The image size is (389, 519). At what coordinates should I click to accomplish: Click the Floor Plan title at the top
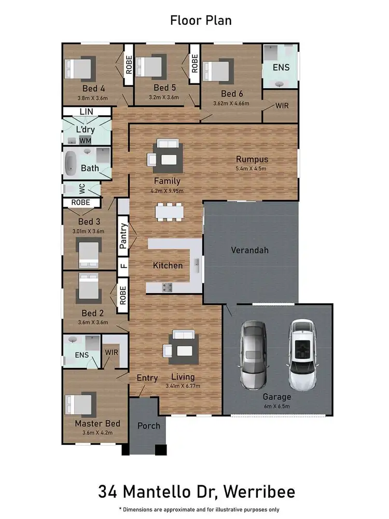pyautogui.click(x=201, y=21)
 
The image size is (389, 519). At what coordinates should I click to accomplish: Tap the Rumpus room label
pyautogui.click(x=252, y=159)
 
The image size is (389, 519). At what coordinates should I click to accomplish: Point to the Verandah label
pyautogui.click(x=249, y=250)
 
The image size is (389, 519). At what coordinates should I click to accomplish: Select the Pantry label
pyautogui.click(x=123, y=237)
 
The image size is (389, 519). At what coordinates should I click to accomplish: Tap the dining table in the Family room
pyautogui.click(x=169, y=212)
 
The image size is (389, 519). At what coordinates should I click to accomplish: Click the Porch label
pyautogui.click(x=148, y=426)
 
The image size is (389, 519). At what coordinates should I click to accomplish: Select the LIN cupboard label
pyautogui.click(x=87, y=112)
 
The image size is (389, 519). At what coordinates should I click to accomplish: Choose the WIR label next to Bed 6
pyautogui.click(x=282, y=105)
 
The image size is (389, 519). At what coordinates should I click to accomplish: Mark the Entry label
pyautogui.click(x=147, y=378)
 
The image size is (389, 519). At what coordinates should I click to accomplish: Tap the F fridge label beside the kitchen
pyautogui.click(x=123, y=265)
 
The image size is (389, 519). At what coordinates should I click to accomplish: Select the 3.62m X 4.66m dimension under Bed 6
pyautogui.click(x=231, y=103)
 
